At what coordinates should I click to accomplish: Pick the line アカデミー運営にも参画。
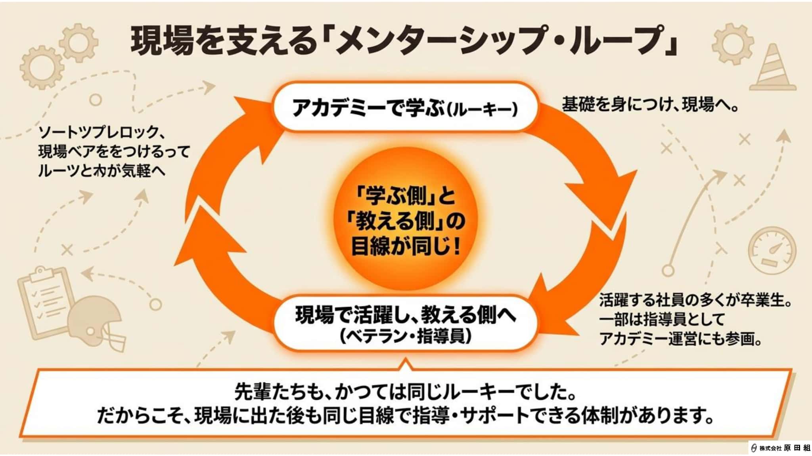click(x=680, y=340)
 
